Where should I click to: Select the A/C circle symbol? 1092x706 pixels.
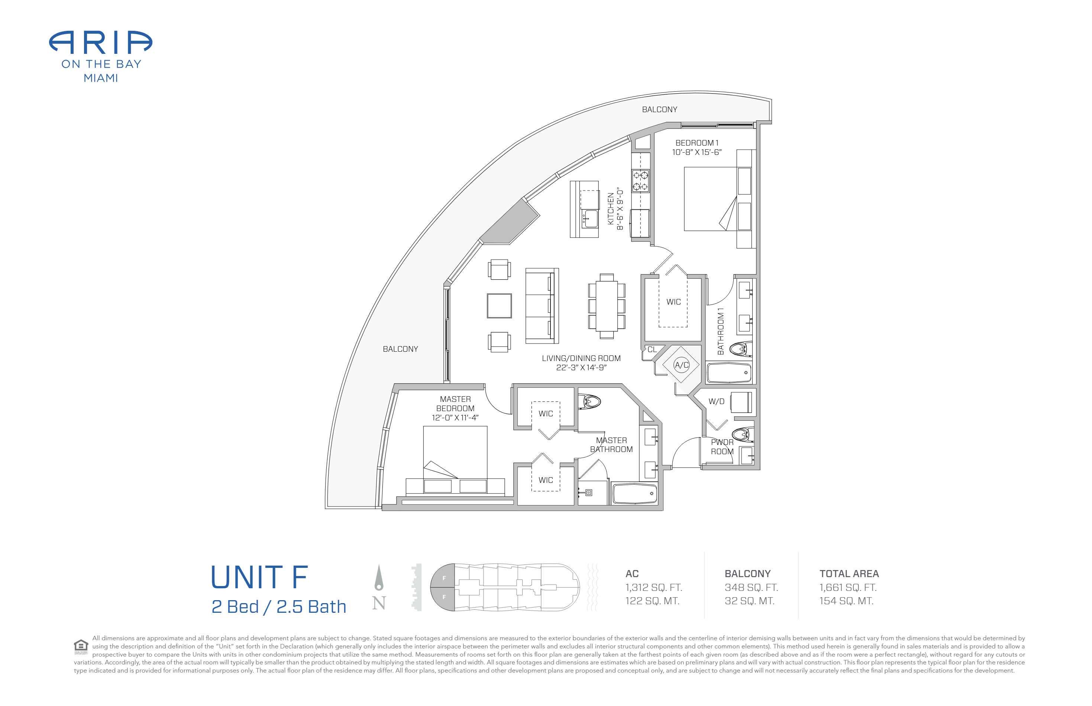click(x=681, y=365)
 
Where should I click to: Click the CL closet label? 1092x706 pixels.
click(x=652, y=349)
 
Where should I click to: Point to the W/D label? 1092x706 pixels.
click(x=716, y=401)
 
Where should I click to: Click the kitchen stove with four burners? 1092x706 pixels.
click(x=640, y=180)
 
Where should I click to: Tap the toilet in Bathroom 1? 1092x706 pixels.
click(x=740, y=350)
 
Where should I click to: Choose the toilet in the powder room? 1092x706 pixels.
click(x=742, y=434)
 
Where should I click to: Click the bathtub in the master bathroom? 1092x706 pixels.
click(x=634, y=494)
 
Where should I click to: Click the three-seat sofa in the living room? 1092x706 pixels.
click(x=542, y=306)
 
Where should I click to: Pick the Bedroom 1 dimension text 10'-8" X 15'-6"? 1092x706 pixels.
click(x=697, y=152)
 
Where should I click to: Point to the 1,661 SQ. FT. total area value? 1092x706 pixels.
click(x=848, y=587)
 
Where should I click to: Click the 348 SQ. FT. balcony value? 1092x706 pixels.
click(x=751, y=587)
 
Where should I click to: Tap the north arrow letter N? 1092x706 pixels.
click(x=379, y=603)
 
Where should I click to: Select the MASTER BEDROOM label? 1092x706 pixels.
click(x=455, y=404)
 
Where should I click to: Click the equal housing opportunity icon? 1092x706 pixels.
click(x=81, y=647)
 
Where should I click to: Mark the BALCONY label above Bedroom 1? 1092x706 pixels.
click(x=659, y=110)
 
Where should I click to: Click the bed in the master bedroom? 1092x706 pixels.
click(x=455, y=460)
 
